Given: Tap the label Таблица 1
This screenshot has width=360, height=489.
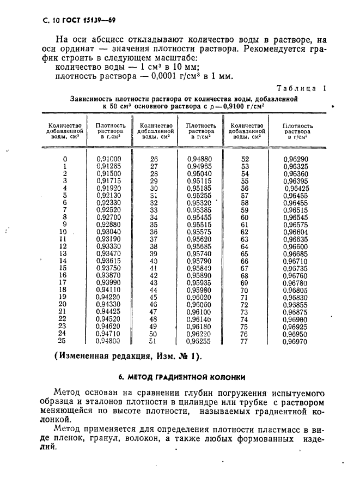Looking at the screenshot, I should tap(301, 88).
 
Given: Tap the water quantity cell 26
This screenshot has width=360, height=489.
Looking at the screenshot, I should tap(154, 159).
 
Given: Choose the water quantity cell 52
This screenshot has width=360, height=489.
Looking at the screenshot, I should tap(245, 159).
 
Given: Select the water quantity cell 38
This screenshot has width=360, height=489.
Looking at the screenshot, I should tap(154, 246).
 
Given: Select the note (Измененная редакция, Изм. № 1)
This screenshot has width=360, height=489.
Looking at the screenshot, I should tap(127, 357).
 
